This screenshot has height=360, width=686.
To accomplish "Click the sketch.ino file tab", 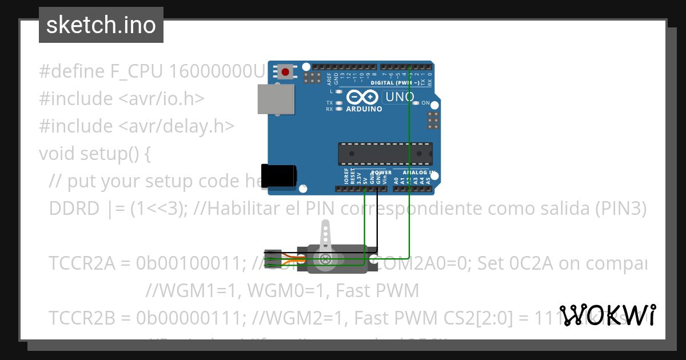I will coord(101,25).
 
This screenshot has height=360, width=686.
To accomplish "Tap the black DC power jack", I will coord(278,174).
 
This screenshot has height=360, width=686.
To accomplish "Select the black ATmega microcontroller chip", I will coord(385,153).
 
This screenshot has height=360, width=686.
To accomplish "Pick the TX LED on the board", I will coord(339,103).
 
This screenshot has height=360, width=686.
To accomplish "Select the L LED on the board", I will coord(339,91).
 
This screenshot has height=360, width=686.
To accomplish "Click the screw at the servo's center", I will coord(326,259).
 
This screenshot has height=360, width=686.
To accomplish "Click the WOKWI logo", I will coord(607,315).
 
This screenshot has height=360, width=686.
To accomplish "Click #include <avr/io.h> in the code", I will coord(121,99).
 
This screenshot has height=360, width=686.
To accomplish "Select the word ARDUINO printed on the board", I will coord(364,109).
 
